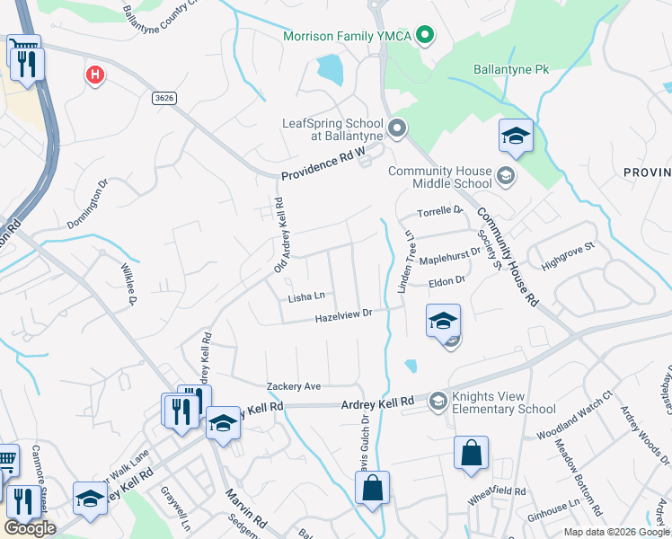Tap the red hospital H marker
point(94,75)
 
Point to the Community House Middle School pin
point(506,175)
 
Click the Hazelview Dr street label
point(343,316)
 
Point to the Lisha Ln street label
point(305,296)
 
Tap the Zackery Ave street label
point(294,386)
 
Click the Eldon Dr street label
point(446,282)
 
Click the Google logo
point(31,529)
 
